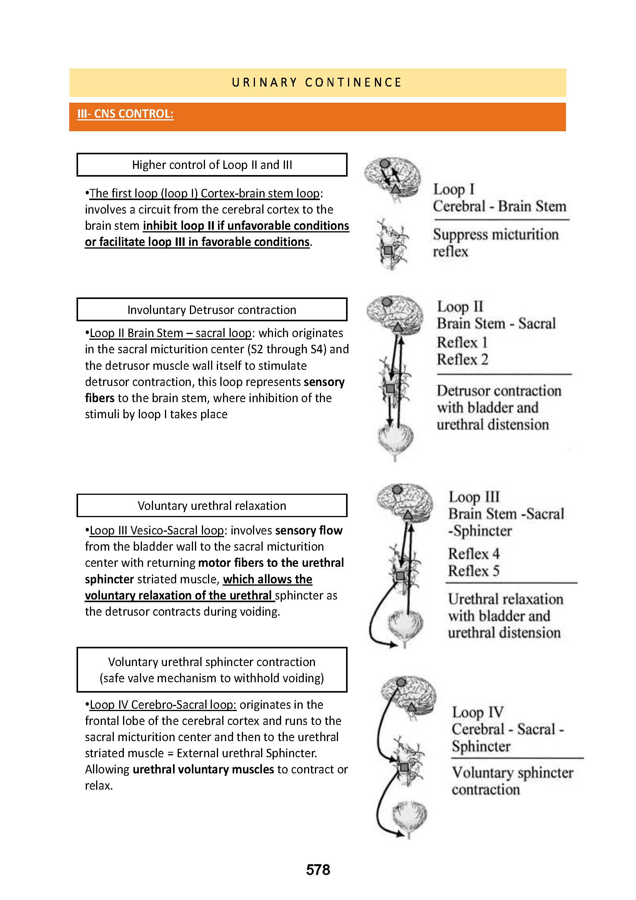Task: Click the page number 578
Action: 318,870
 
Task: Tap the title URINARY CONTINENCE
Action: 317,83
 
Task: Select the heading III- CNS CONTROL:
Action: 125,114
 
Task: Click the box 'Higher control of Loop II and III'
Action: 212,165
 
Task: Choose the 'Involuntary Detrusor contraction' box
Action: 212,310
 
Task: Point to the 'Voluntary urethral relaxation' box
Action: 212,506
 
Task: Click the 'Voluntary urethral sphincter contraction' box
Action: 212,670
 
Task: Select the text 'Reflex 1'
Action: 462,342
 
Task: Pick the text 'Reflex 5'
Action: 473,571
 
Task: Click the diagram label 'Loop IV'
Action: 478,712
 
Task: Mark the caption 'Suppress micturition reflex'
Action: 495,243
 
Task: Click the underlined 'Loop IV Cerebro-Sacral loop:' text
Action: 163,705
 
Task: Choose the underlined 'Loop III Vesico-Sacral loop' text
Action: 157,531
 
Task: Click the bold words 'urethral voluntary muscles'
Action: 203,770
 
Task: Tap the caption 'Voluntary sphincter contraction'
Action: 512,781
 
